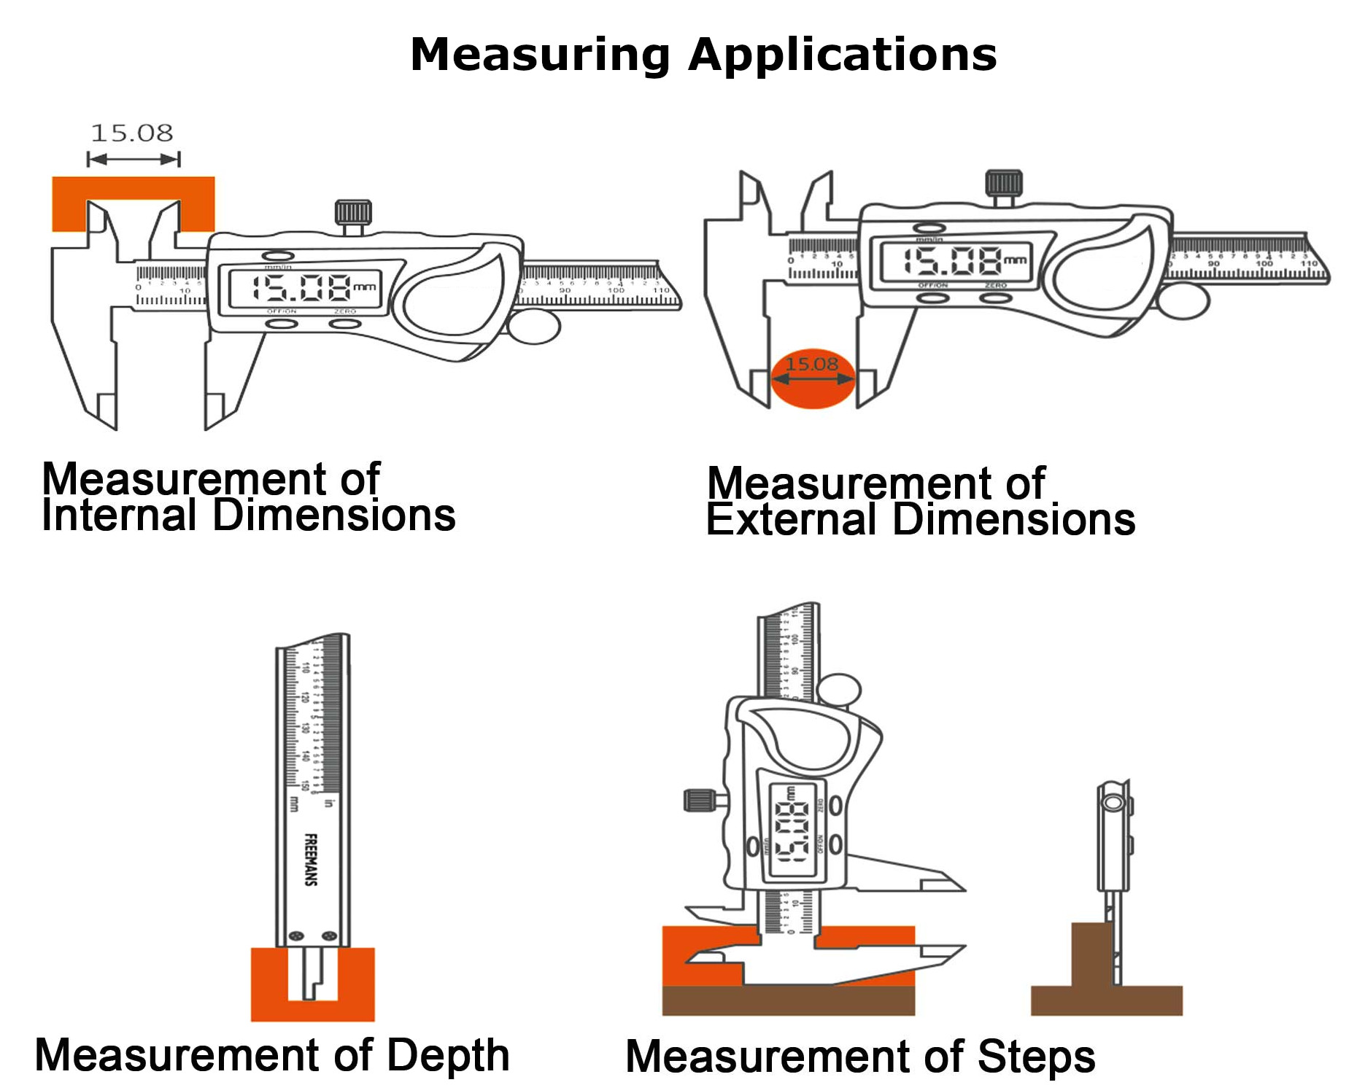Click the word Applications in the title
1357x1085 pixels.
tap(842, 55)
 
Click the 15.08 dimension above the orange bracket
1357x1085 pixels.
tap(132, 133)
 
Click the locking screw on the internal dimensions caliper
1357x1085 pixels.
tap(353, 214)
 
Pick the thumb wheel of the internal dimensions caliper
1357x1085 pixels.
tap(534, 327)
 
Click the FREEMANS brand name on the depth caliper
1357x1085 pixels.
tap(311, 860)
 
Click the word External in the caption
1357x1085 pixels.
tap(791, 521)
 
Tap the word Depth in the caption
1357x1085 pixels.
tap(447, 1055)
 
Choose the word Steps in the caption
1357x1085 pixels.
tap(1036, 1057)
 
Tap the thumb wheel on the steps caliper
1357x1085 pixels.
tap(840, 690)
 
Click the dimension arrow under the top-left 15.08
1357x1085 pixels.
tap(134, 159)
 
